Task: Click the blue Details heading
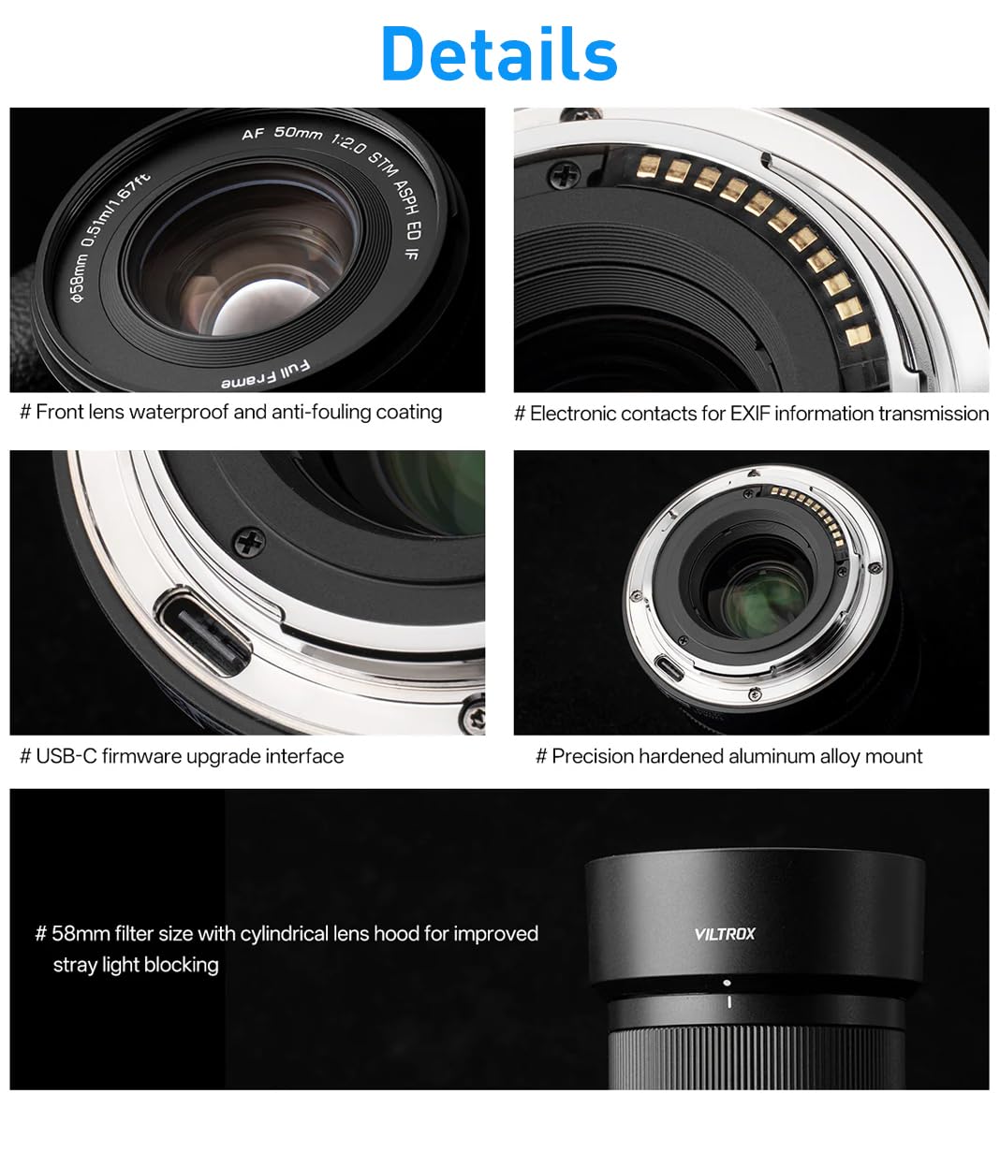coord(499,54)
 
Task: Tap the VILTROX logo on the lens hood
coord(724,933)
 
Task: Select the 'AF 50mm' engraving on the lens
coord(281,133)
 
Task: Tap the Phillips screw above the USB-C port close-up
coord(252,541)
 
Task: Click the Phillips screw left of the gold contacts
coord(563,173)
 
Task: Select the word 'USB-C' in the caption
coord(66,756)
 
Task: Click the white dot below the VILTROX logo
coord(728,984)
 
